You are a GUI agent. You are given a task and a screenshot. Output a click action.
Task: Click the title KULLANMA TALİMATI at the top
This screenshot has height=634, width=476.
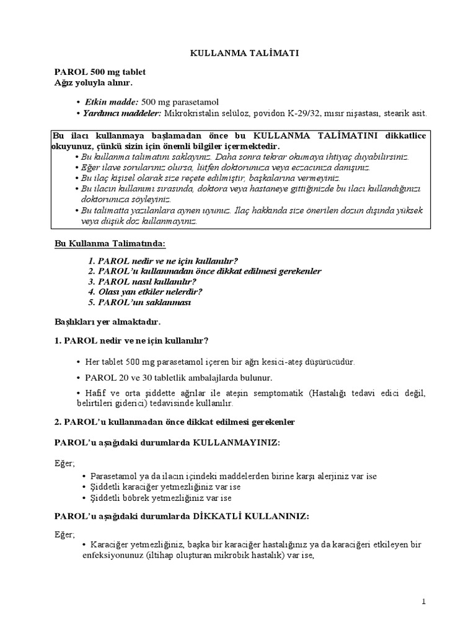[x=244, y=54]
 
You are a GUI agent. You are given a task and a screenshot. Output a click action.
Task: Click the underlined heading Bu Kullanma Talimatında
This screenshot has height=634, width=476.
[x=110, y=245]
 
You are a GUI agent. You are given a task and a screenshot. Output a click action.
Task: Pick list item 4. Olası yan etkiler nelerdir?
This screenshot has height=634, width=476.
[x=146, y=291]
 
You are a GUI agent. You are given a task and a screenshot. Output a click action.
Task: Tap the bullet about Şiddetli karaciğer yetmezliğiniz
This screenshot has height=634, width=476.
[x=164, y=487]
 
